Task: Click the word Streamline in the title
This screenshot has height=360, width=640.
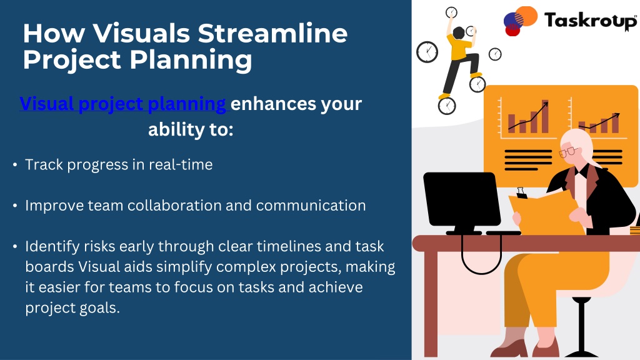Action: click(x=272, y=33)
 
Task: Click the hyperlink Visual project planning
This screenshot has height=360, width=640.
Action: click(x=123, y=104)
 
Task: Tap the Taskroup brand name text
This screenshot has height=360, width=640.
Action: click(x=590, y=21)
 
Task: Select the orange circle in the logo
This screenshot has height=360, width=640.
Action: click(x=527, y=16)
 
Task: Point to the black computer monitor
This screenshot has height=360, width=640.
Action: click(x=462, y=199)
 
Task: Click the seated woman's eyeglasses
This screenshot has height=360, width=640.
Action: click(x=567, y=152)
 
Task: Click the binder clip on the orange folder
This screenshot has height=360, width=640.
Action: click(x=521, y=192)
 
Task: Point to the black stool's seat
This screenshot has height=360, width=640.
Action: click(x=581, y=301)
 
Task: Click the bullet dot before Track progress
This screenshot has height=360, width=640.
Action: click(x=15, y=165)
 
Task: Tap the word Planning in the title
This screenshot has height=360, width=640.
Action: click(x=191, y=60)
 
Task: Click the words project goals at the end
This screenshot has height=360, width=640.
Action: click(x=72, y=308)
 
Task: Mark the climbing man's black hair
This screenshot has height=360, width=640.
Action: click(x=458, y=32)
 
